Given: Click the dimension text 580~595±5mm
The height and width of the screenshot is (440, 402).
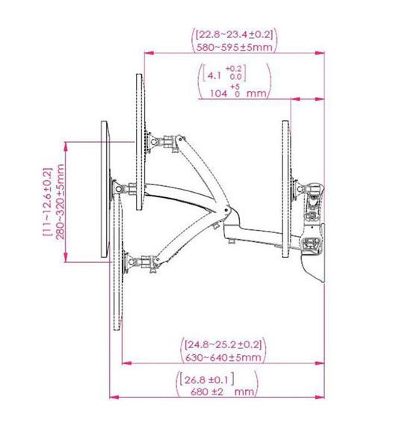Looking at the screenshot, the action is click(234, 47).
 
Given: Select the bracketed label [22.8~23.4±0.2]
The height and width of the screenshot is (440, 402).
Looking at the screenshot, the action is click(234, 35).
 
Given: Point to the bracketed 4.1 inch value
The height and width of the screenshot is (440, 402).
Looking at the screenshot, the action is click(224, 73).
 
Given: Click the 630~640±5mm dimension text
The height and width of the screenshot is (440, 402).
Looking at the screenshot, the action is click(223, 357).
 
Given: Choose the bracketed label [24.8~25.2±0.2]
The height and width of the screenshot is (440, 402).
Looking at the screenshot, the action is click(223, 344).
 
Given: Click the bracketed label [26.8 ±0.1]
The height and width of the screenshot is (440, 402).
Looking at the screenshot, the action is click(207, 379).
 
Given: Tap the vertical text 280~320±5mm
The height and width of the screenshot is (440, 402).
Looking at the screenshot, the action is click(61, 202).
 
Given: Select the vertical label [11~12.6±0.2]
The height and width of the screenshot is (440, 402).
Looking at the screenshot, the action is click(48, 202).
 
